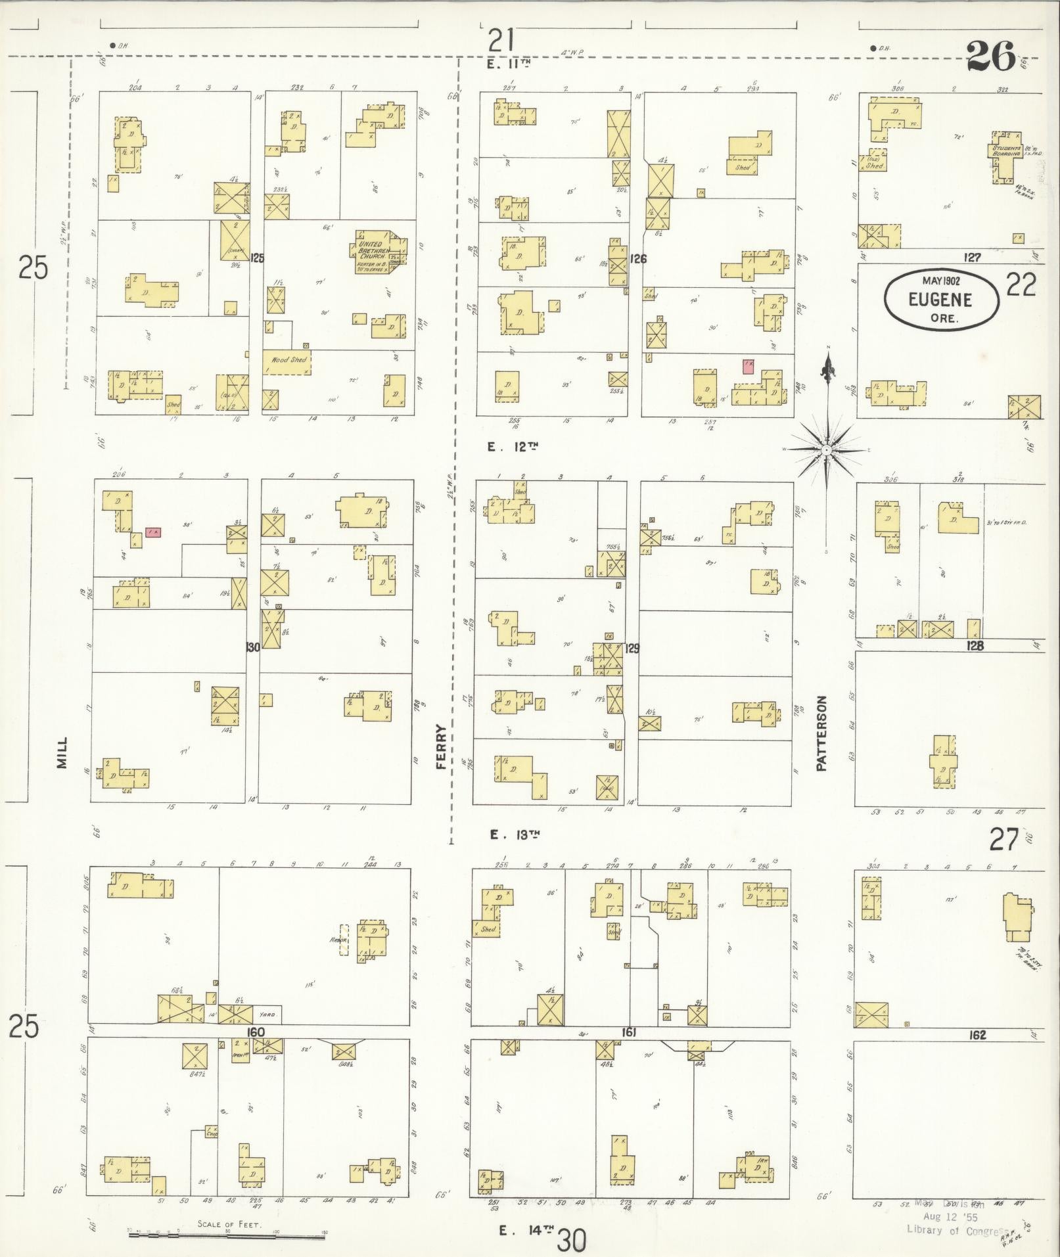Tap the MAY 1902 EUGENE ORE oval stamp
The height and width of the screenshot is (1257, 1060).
(x=941, y=298)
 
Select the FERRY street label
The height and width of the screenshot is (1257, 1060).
(x=441, y=743)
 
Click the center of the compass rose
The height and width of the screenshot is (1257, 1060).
(x=825, y=449)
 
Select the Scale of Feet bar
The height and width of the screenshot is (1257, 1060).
(x=227, y=1235)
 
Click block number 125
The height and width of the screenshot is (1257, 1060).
(x=256, y=258)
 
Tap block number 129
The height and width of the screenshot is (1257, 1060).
(x=632, y=649)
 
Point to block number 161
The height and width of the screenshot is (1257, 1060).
(x=629, y=1033)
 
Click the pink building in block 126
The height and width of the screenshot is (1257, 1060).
(x=748, y=366)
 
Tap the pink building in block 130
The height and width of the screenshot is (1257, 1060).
(x=153, y=532)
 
